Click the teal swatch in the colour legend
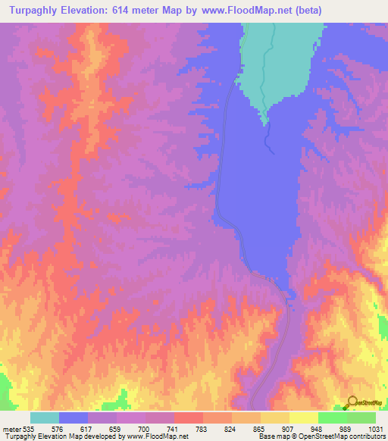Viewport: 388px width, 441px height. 45,418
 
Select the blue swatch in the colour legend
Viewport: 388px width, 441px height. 74,418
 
